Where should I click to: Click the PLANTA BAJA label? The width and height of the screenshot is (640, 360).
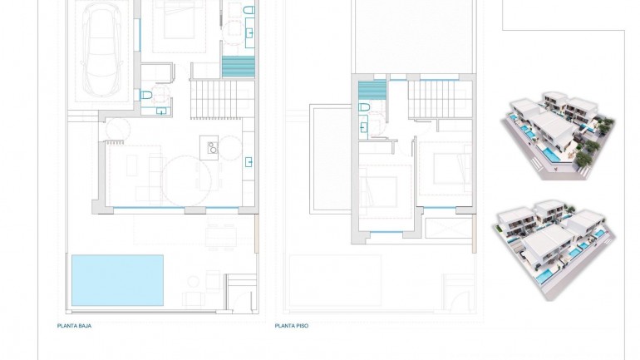[x=74, y=326]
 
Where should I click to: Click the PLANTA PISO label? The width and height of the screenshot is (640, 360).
[x=292, y=326]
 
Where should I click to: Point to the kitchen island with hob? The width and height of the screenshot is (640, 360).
[x=211, y=148]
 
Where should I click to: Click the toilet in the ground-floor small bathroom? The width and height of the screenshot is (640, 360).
[x=146, y=95]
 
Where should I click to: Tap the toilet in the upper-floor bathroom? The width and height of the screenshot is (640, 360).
[x=363, y=108]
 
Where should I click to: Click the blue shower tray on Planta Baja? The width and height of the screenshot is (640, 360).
[x=237, y=67]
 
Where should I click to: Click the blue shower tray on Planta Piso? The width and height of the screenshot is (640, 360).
[x=372, y=91]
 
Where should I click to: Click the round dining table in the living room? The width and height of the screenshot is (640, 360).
[x=186, y=180]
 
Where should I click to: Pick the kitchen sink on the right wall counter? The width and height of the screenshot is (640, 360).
[x=249, y=161]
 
